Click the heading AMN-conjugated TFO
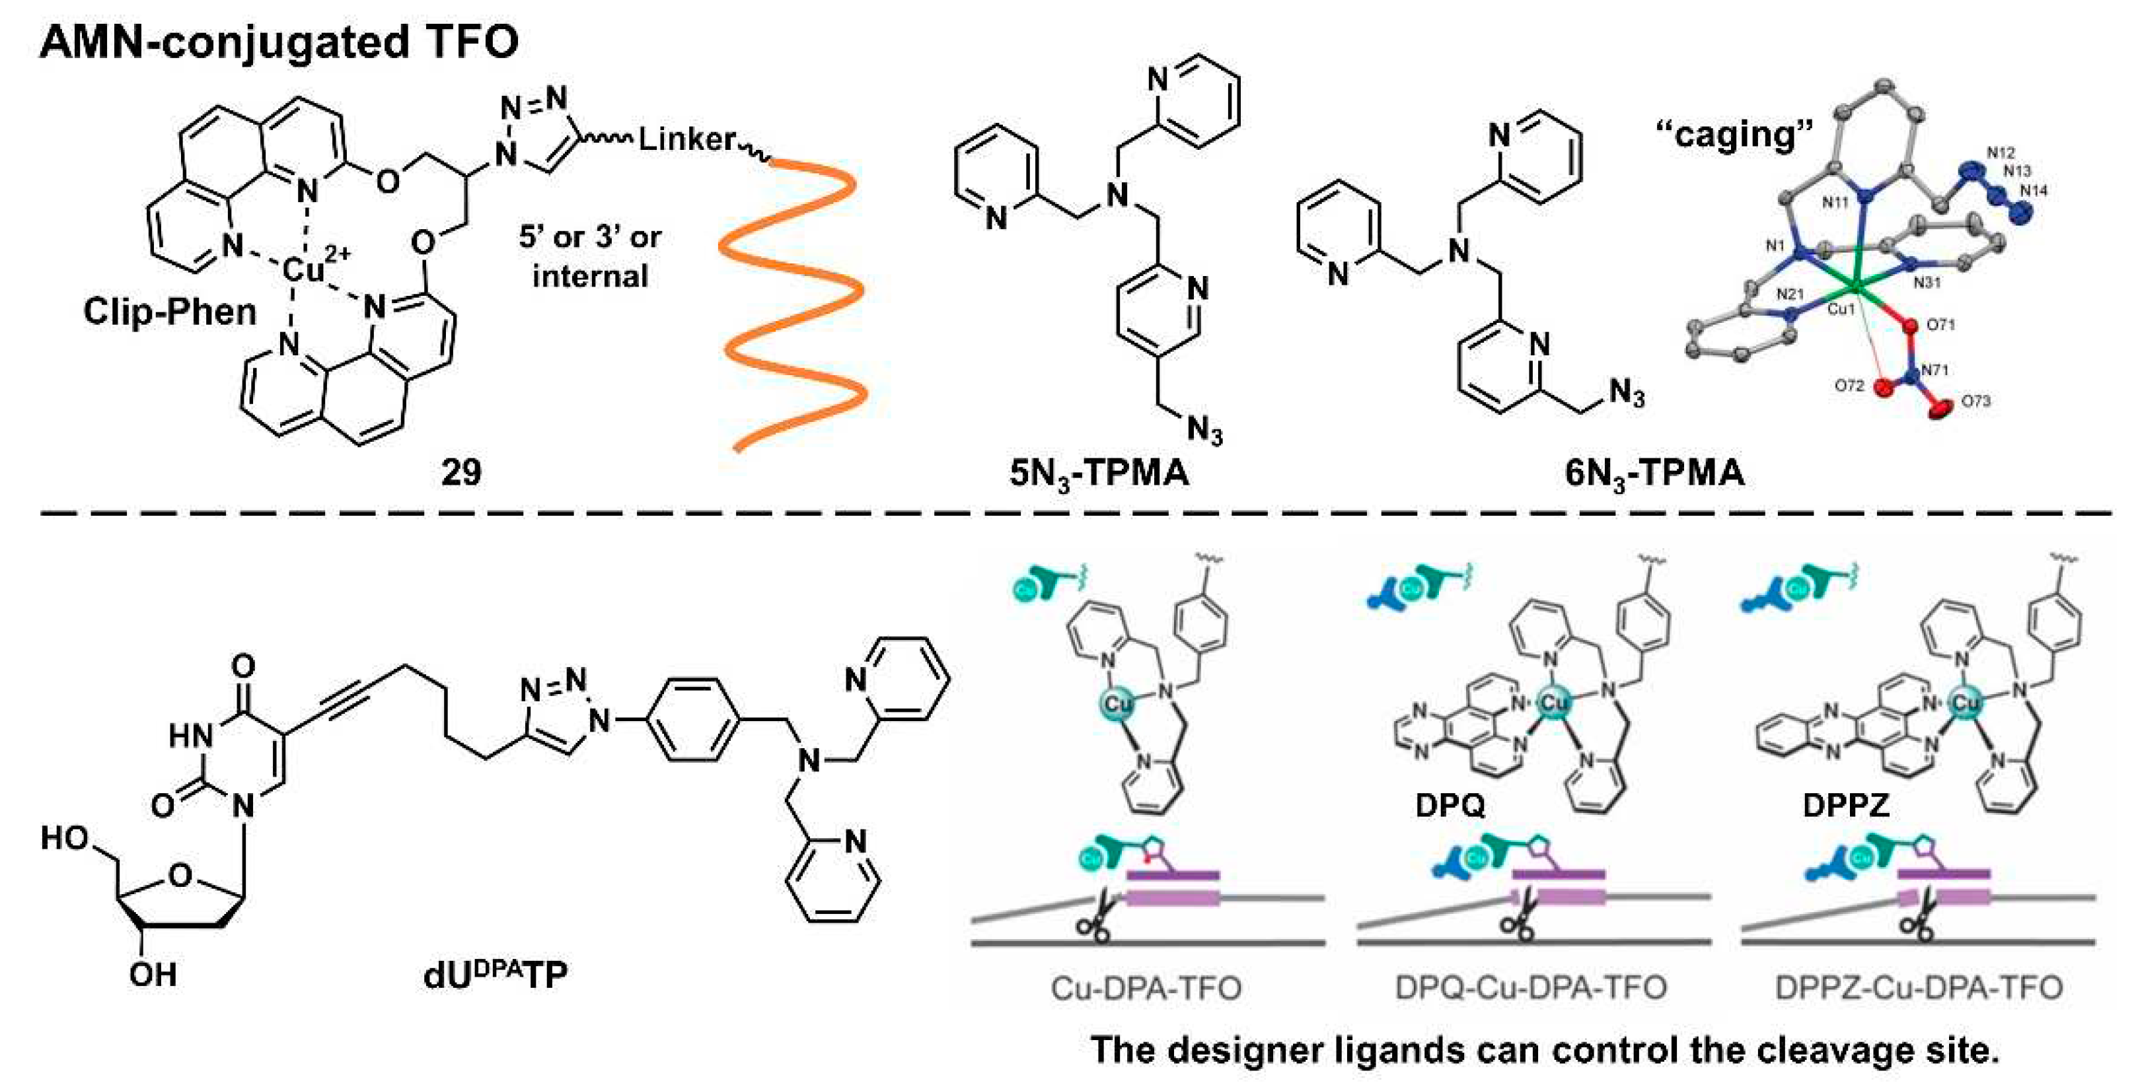279,42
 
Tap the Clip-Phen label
169,312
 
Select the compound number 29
461,472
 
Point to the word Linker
686,139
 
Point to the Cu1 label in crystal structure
1841,309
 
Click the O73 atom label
1975,401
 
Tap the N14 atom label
2033,191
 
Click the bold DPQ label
1450,804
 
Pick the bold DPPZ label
1846,804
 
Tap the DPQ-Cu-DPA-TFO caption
1531,987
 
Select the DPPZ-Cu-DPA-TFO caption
1919,987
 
